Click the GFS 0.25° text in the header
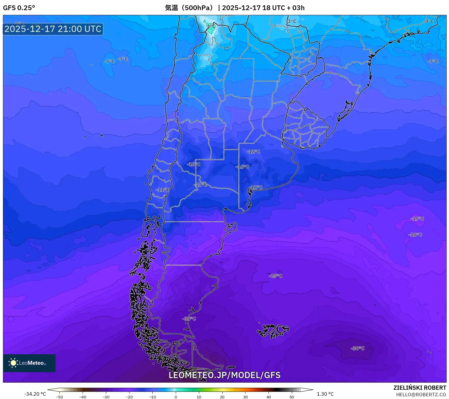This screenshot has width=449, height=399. coord(19,8)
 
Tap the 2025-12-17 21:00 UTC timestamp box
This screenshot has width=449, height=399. coord(53,29)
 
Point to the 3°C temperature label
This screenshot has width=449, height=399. coord(292,21)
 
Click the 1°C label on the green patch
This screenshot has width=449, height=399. coord(211,26)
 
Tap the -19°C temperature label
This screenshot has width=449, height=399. coord(417,219)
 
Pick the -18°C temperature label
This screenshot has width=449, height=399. coord(415,235)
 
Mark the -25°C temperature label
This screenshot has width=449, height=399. coord(275,276)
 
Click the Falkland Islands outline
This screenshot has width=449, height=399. coord(273,331)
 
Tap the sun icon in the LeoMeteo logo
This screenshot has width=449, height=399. coord(13,363)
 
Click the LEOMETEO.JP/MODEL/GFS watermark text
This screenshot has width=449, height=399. coord(224,375)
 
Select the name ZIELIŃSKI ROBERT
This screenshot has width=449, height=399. coord(419,388)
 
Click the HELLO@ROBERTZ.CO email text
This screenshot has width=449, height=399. coord(421,395)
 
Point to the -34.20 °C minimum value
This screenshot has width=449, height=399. coord(35,394)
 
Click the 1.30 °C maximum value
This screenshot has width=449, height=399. coord(325,394)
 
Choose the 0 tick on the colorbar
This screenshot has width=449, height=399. coord(176,397)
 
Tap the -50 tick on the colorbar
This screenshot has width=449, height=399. coord(59,397)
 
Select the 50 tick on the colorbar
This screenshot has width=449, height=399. coord(292,397)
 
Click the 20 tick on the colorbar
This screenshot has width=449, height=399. coord(222,397)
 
